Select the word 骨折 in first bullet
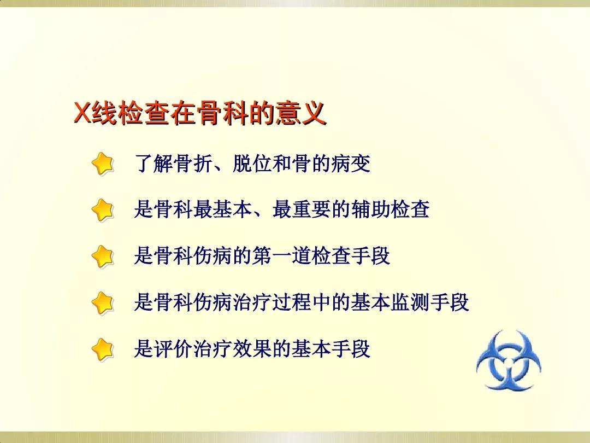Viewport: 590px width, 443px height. click(184, 164)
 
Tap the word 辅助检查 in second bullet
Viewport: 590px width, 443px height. click(390, 209)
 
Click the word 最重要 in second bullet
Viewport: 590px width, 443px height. click(301, 209)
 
